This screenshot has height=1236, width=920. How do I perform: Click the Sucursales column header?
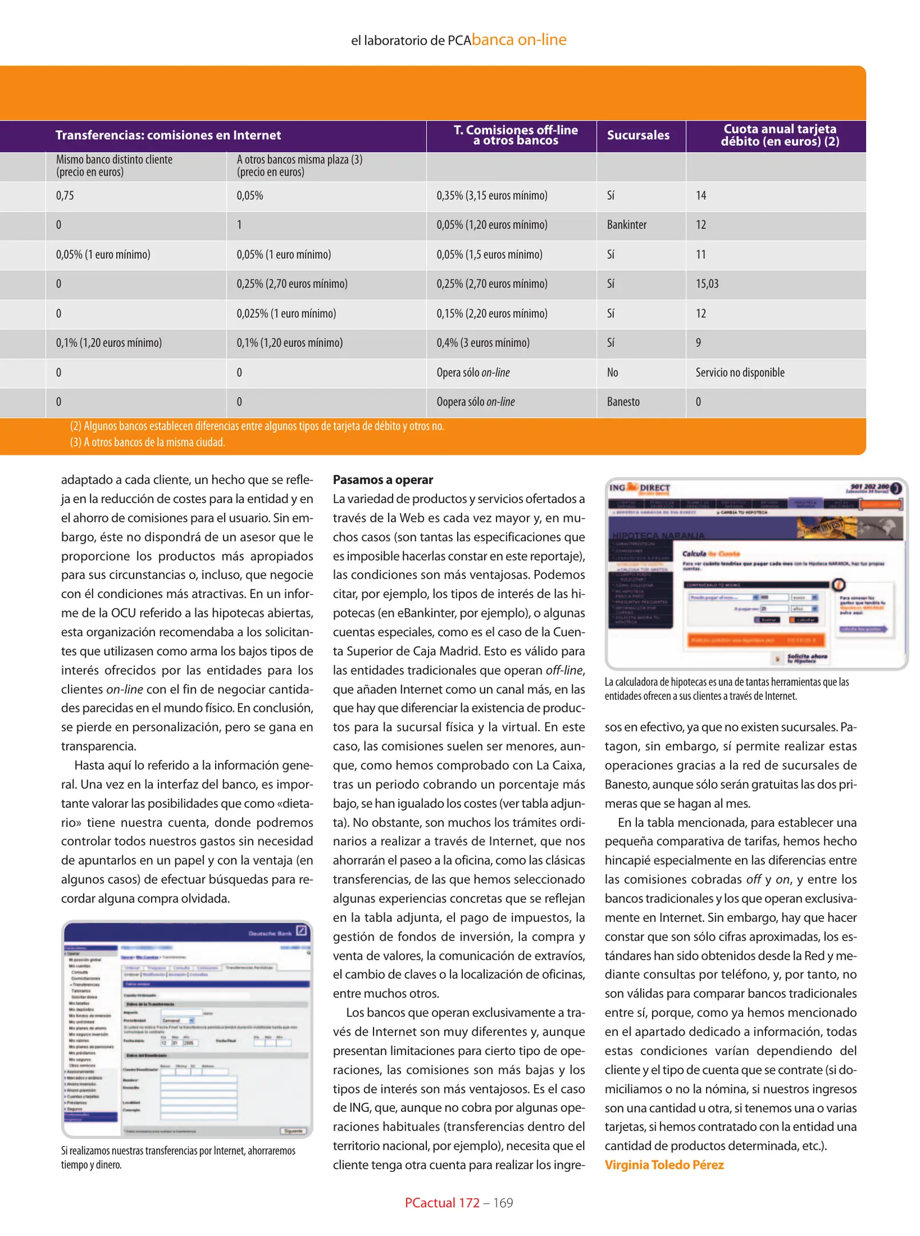pos(637,136)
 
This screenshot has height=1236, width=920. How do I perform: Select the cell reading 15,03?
pos(707,284)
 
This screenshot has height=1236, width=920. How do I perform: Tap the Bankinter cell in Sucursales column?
pos(626,225)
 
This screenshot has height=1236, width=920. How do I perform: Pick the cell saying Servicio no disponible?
pos(740,373)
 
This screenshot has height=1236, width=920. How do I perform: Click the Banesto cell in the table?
pos(623,402)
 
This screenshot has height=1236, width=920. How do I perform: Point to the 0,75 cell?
pos(65,196)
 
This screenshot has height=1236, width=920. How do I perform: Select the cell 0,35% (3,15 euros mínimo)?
pos(491,196)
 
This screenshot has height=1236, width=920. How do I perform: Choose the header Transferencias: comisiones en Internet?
pos(168,136)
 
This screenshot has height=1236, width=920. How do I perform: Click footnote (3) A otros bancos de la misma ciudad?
pos(148,442)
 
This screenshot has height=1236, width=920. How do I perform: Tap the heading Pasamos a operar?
pos(383,480)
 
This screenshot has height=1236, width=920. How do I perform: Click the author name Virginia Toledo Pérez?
pos(664,1164)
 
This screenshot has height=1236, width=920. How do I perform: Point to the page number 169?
pos(503,1203)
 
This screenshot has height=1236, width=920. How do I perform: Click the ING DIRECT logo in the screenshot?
pos(639,488)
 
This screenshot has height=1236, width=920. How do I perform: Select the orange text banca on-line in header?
pos(519,39)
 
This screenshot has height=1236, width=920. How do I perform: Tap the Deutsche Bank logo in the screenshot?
pos(277,933)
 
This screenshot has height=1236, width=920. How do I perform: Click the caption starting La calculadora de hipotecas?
pos(727,689)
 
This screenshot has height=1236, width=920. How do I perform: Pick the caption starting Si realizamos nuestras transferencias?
pos(178,1157)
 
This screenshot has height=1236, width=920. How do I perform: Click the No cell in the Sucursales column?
pos(612,373)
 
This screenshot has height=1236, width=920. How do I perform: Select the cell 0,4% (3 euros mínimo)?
pos(483,343)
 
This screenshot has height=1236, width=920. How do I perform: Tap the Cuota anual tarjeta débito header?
pos(779,136)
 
